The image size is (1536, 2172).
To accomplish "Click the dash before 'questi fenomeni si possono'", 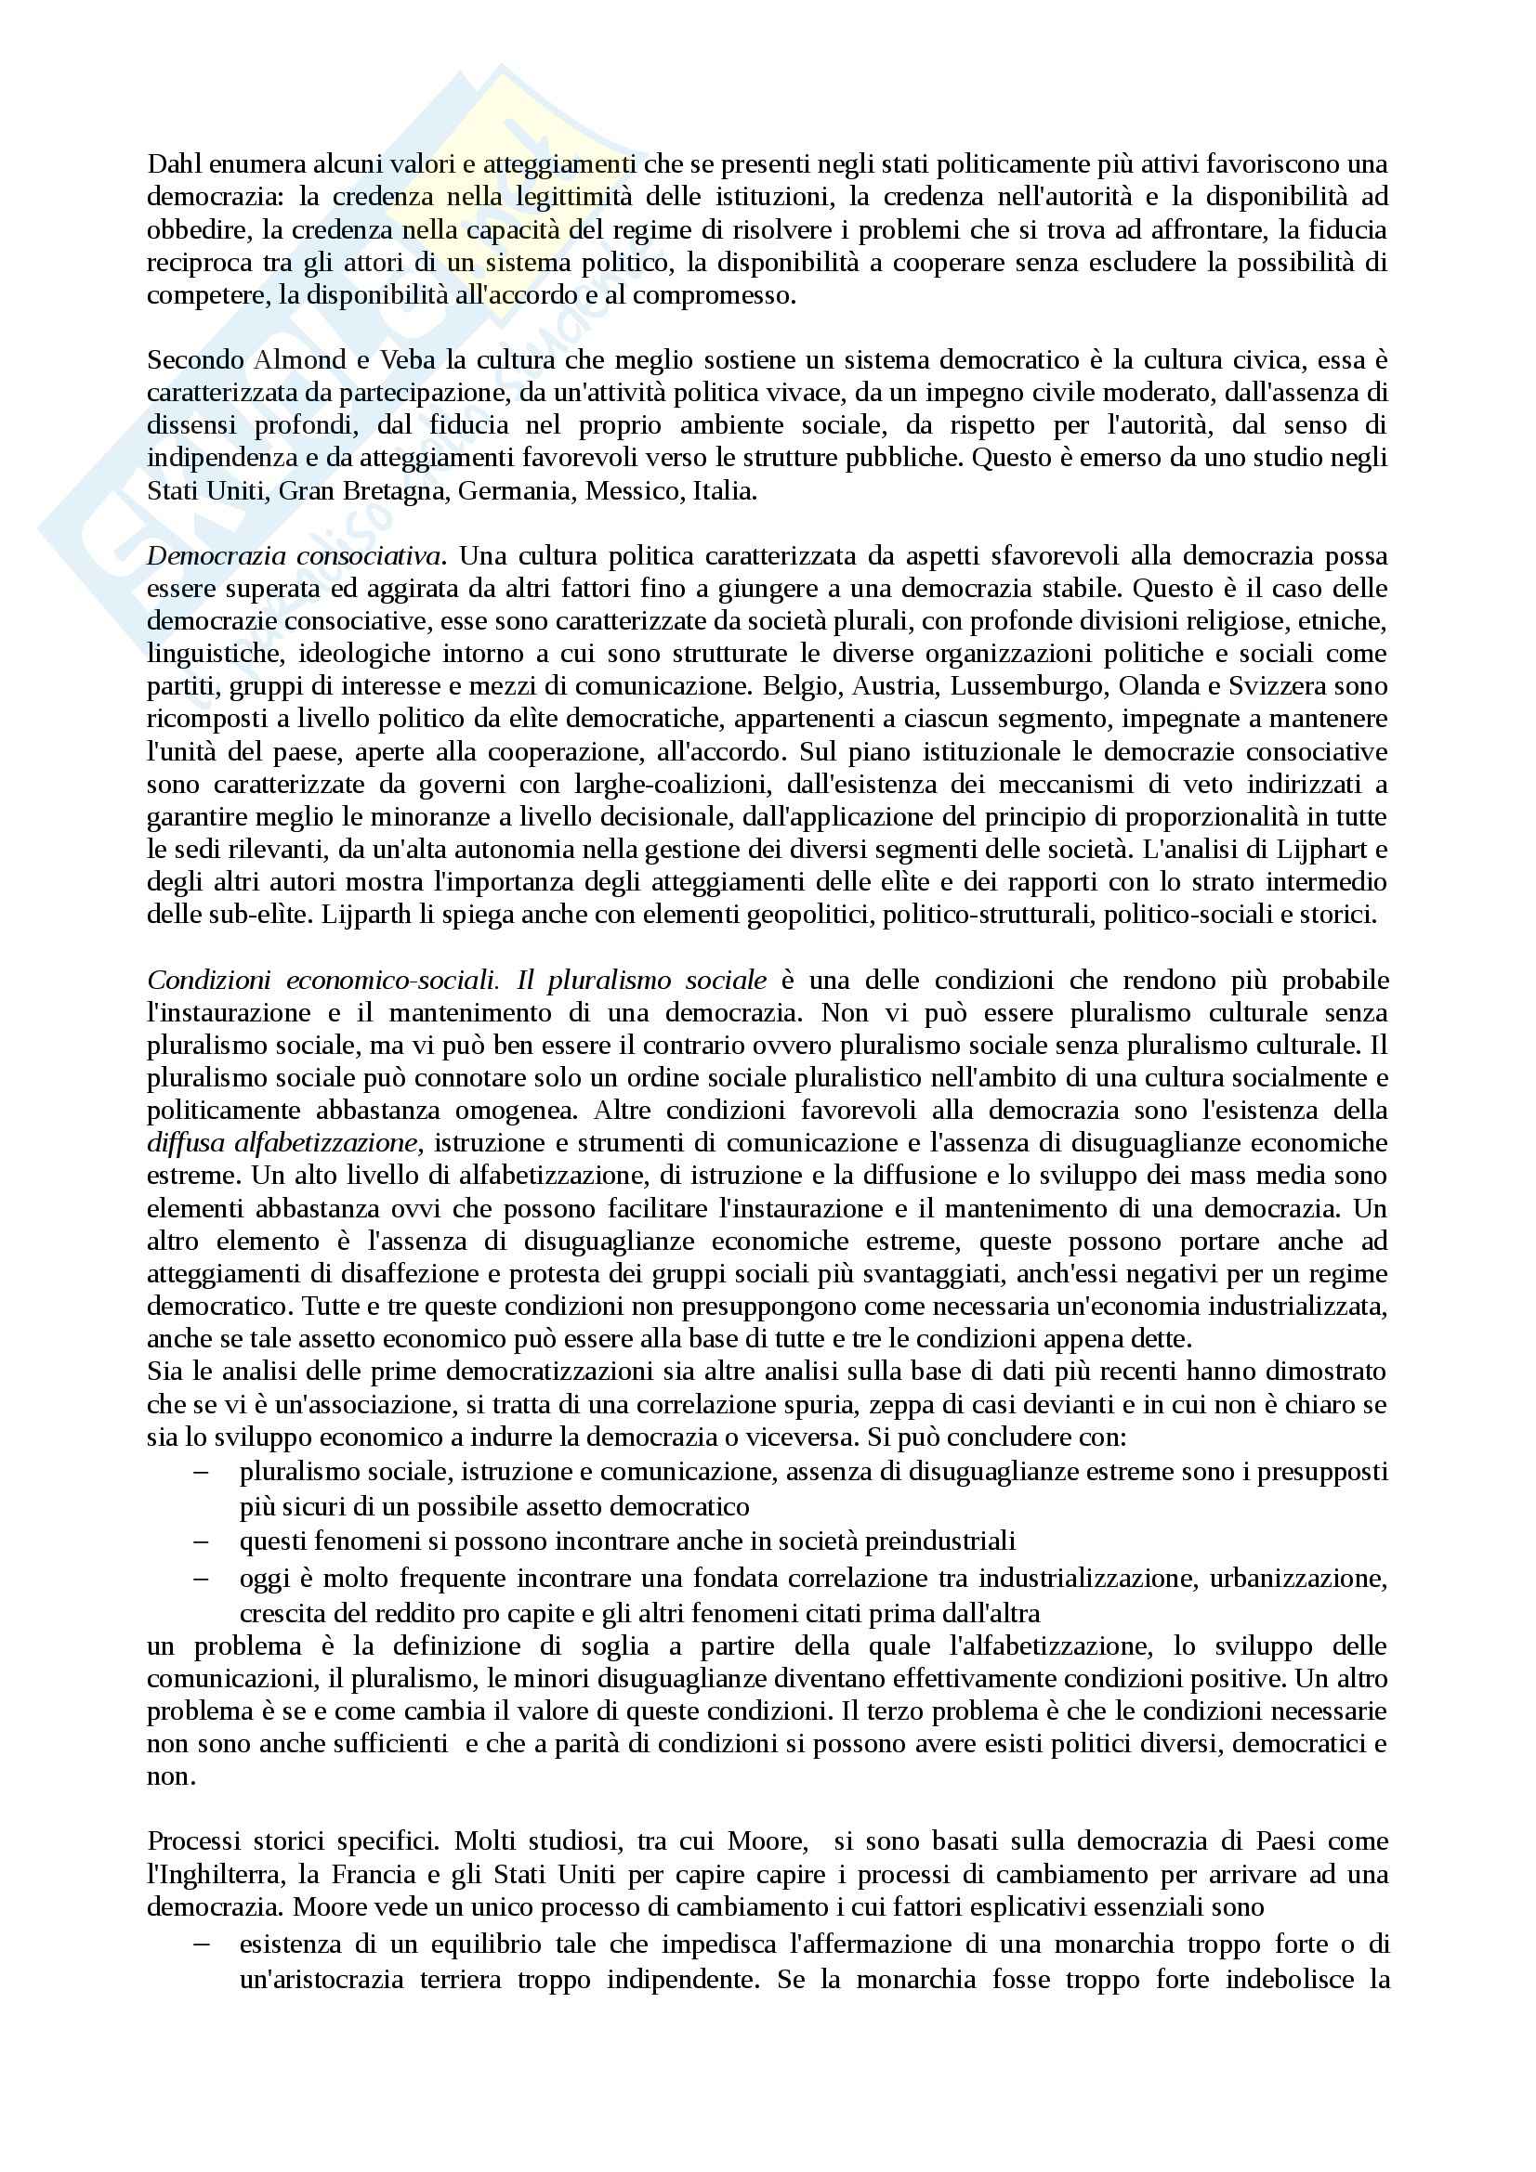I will pos(202,1542).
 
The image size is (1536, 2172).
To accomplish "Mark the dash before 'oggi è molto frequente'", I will pos(202,1579).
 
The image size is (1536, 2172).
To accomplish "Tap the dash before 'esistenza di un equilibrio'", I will pos(202,1945).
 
